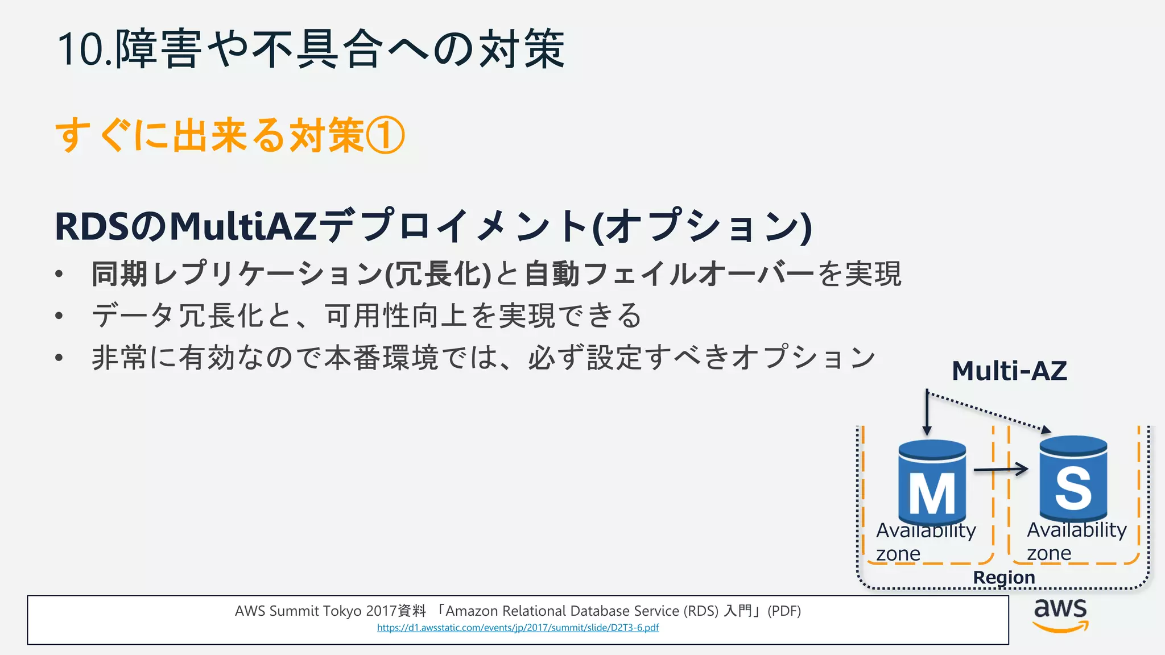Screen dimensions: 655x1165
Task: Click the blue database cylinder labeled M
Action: pos(932,482)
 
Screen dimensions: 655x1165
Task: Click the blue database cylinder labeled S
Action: pos(1073,478)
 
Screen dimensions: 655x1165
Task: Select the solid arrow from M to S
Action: pos(1001,470)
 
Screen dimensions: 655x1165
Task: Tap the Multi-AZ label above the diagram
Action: pos(1009,371)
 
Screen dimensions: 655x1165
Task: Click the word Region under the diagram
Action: pos(1004,577)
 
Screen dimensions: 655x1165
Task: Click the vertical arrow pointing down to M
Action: pos(927,413)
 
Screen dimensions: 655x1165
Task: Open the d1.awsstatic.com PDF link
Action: pos(518,628)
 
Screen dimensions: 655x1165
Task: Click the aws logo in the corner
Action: pos(1060,615)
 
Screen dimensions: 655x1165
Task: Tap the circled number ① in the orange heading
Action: pos(386,136)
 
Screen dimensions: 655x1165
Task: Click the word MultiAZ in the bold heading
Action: pos(243,227)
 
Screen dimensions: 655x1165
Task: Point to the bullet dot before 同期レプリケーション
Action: pos(59,275)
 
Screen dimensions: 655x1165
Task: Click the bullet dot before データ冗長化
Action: pos(59,316)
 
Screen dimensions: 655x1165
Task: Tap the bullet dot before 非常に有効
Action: pos(59,358)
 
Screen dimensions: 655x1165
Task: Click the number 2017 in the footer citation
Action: pos(381,611)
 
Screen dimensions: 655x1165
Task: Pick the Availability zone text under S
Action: pos(1076,541)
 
